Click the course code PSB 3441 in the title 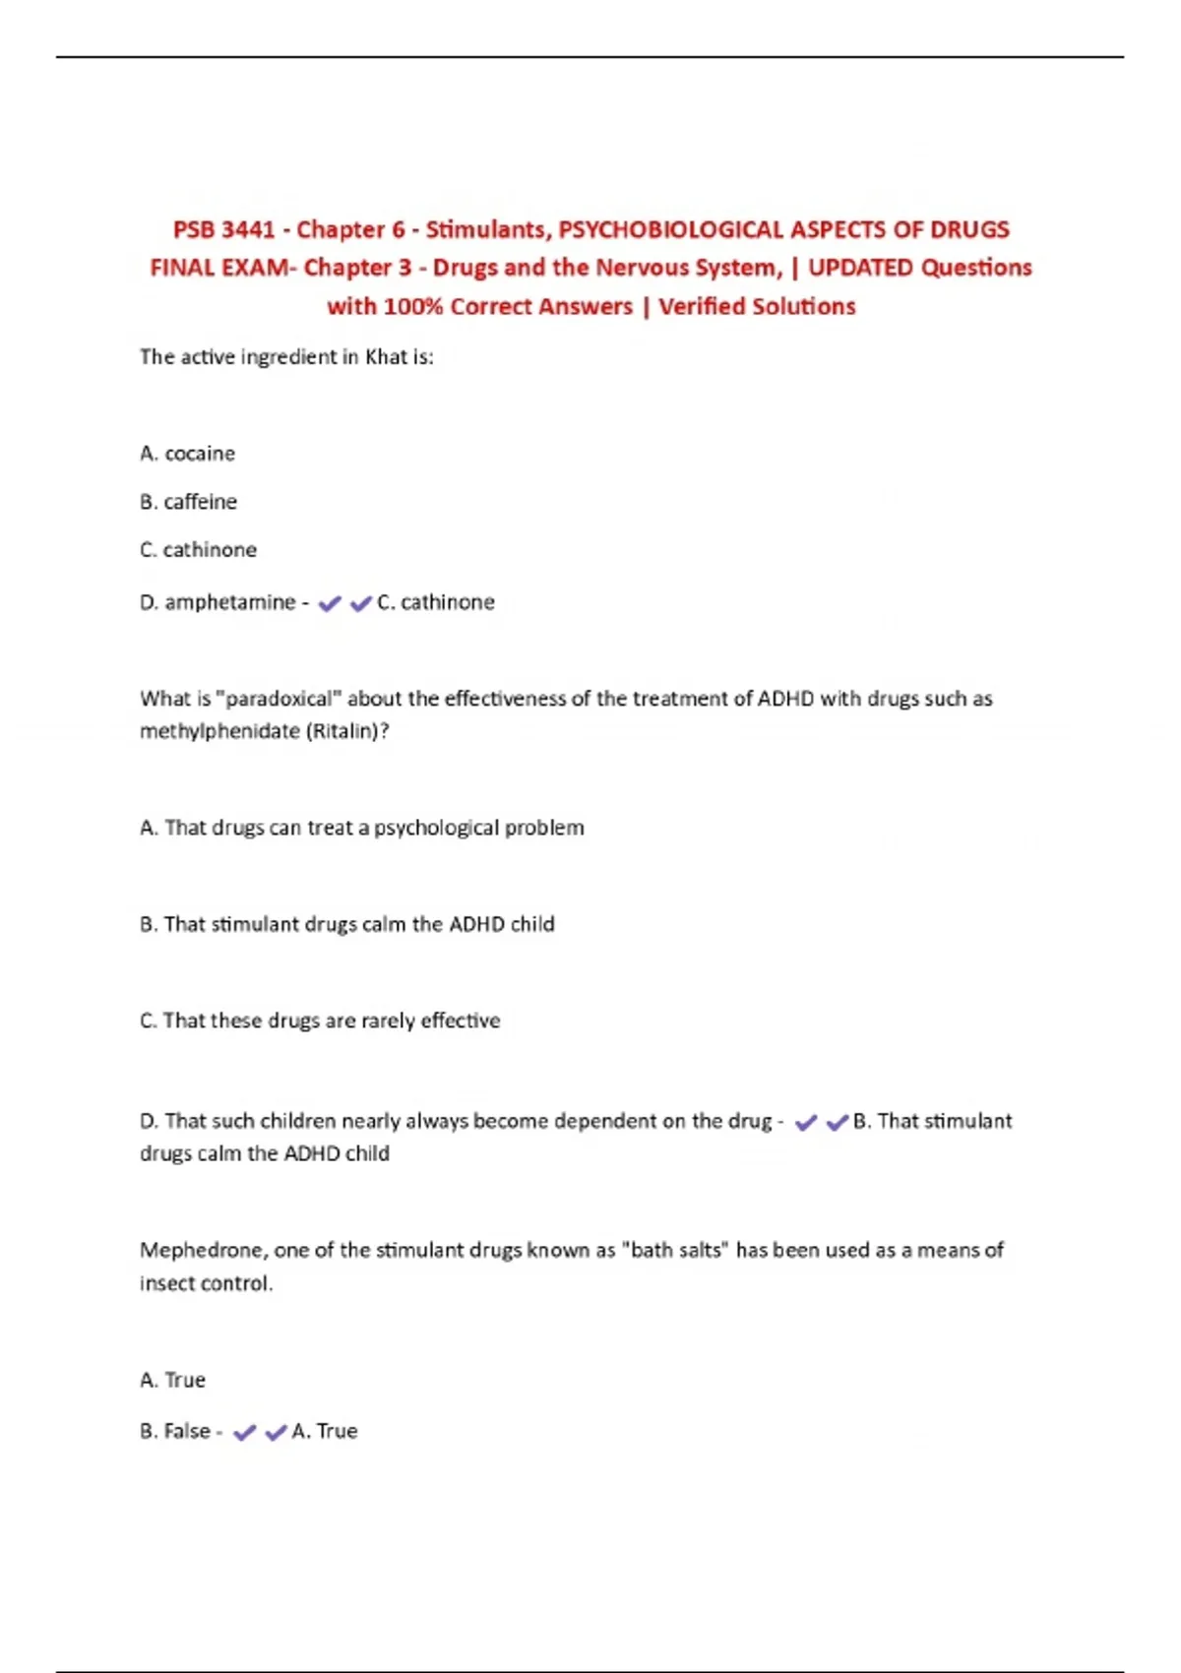[x=223, y=229]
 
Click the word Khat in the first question [x=386, y=356]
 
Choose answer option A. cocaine [x=187, y=454]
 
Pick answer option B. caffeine [x=188, y=502]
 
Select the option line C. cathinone [x=198, y=549]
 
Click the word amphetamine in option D [x=229, y=602]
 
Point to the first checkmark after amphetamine [x=330, y=603]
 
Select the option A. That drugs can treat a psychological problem [x=361, y=828]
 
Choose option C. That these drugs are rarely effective [x=320, y=1021]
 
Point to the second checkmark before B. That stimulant [x=838, y=1122]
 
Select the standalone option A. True [x=172, y=1380]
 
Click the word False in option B [x=187, y=1431]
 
